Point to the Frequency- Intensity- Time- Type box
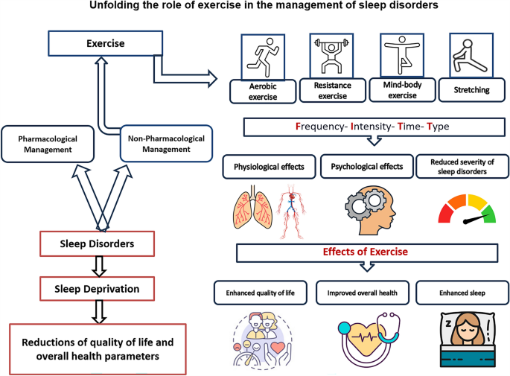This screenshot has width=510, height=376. pyautogui.click(x=372, y=127)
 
